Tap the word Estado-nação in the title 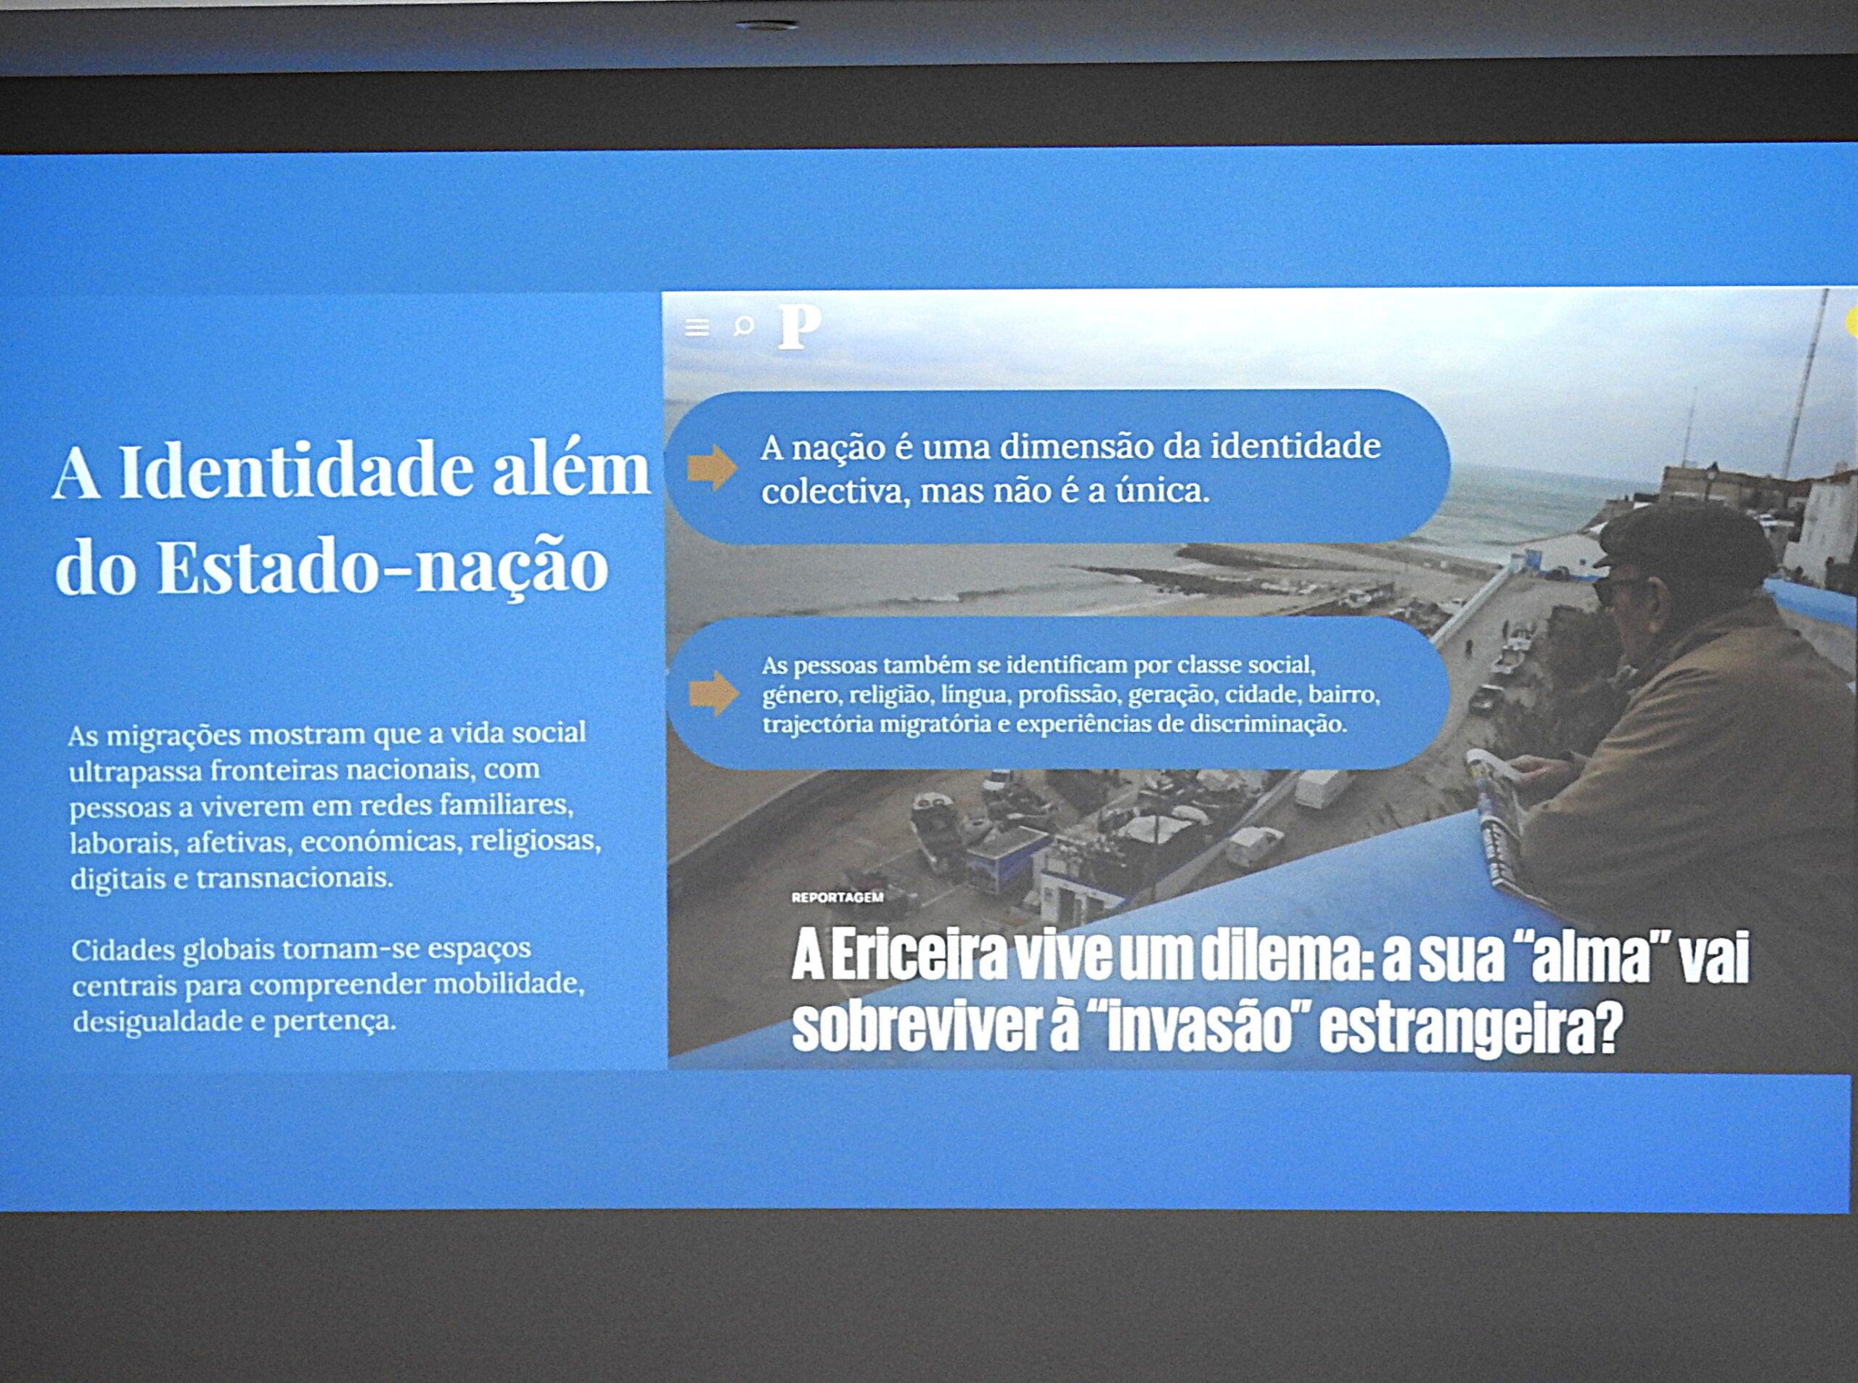tap(382, 566)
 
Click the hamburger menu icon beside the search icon tap(697, 327)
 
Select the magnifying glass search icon tap(742, 326)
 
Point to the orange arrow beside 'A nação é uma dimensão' tap(712, 468)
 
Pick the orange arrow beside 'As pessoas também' tap(713, 693)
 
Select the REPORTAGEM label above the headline tap(838, 898)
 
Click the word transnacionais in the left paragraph tap(294, 878)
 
